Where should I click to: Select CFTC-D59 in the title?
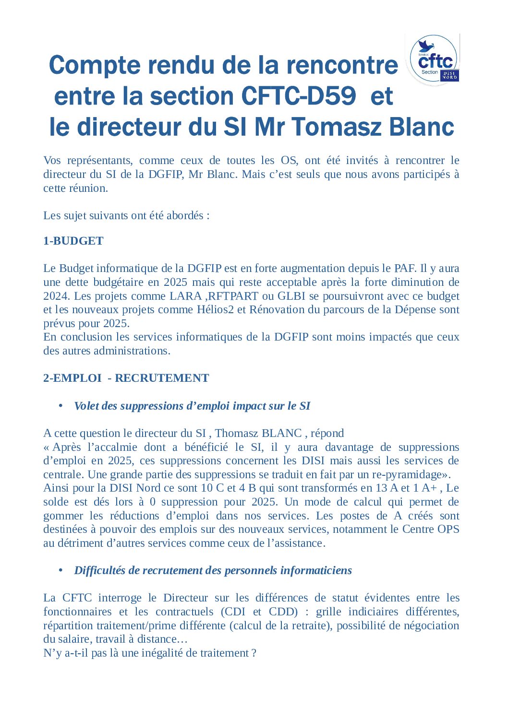[298, 96]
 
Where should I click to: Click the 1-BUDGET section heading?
[73, 241]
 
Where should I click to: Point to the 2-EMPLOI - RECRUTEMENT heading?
[126, 378]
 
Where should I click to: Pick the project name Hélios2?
[215, 309]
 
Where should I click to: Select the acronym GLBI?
[291, 296]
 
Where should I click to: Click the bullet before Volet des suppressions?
[61, 406]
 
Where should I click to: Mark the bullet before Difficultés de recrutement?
[61, 570]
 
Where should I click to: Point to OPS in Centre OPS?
[448, 529]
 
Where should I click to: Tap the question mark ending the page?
[254, 653]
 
